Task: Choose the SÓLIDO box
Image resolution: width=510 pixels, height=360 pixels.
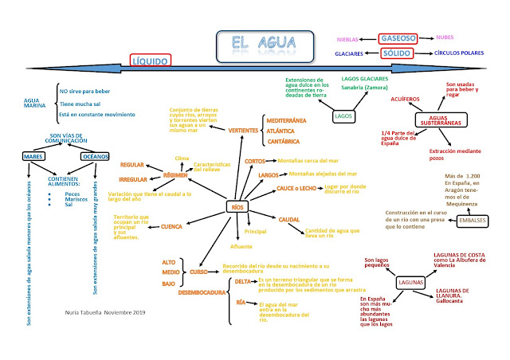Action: click(395, 53)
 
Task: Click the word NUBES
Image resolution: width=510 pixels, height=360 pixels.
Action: click(449, 37)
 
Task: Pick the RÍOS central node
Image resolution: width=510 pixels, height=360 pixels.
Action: click(237, 207)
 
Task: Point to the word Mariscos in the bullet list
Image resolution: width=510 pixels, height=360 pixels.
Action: click(76, 199)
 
